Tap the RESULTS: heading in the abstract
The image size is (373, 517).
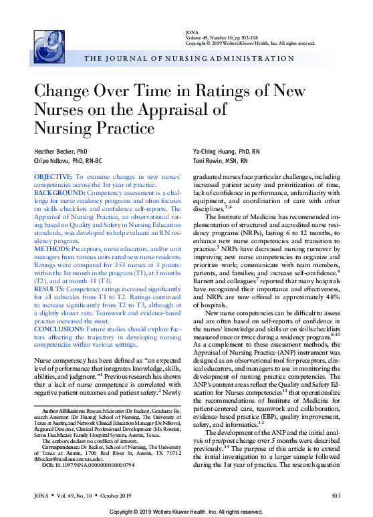pos(51,271)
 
